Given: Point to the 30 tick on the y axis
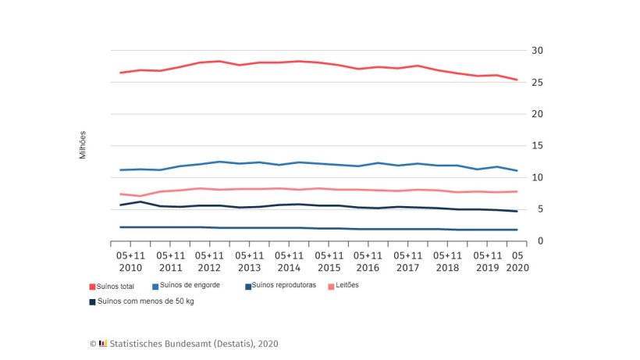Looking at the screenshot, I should (x=536, y=51).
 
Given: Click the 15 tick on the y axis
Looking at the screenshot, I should (x=536, y=146).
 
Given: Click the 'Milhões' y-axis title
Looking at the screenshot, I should (x=83, y=145).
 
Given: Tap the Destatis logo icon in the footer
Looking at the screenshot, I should (x=103, y=344).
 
